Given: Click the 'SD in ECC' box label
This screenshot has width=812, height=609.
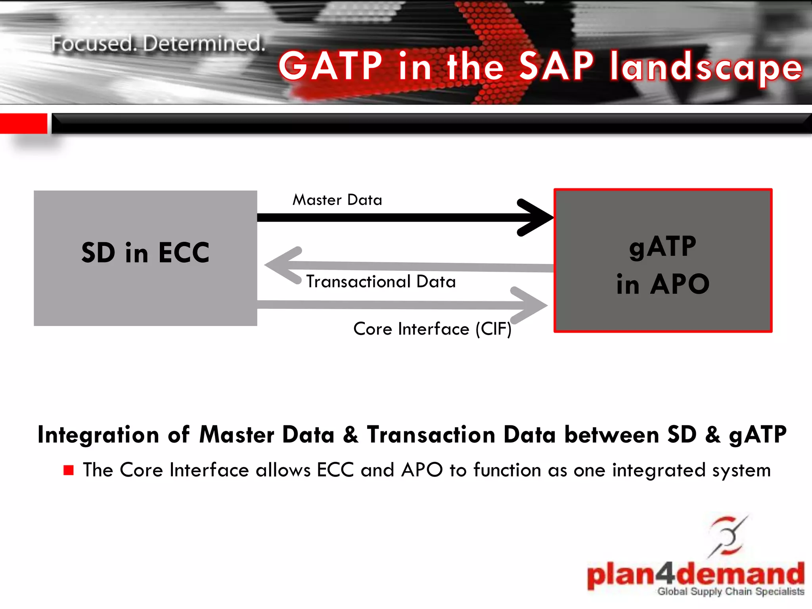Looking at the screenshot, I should coord(145,253).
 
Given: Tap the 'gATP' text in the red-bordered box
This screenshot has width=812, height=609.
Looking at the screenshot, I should coord(663,247).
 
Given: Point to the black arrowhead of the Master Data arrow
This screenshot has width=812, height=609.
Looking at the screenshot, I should coord(535,217).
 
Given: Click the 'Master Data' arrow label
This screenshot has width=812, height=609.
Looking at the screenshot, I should coord(337,200).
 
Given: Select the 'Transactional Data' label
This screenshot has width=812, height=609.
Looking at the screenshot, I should coord(381,282).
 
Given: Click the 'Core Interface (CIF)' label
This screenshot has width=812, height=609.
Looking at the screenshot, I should coord(432,329).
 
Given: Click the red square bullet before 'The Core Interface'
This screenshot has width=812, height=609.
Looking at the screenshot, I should coord(69,470).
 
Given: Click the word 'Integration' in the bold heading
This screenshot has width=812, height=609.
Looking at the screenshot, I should coord(98,435).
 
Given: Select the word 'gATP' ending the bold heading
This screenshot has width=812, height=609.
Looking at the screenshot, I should coord(758,435).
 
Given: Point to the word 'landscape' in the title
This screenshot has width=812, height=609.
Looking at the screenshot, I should coord(706,67).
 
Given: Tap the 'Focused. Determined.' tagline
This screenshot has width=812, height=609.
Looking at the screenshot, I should coord(158,44).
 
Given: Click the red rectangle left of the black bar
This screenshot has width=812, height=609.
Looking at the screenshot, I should coord(23,123).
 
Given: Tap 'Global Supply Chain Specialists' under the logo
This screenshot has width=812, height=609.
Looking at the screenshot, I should coord(730,592).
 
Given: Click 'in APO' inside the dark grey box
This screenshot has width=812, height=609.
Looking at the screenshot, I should coord(663,284).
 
